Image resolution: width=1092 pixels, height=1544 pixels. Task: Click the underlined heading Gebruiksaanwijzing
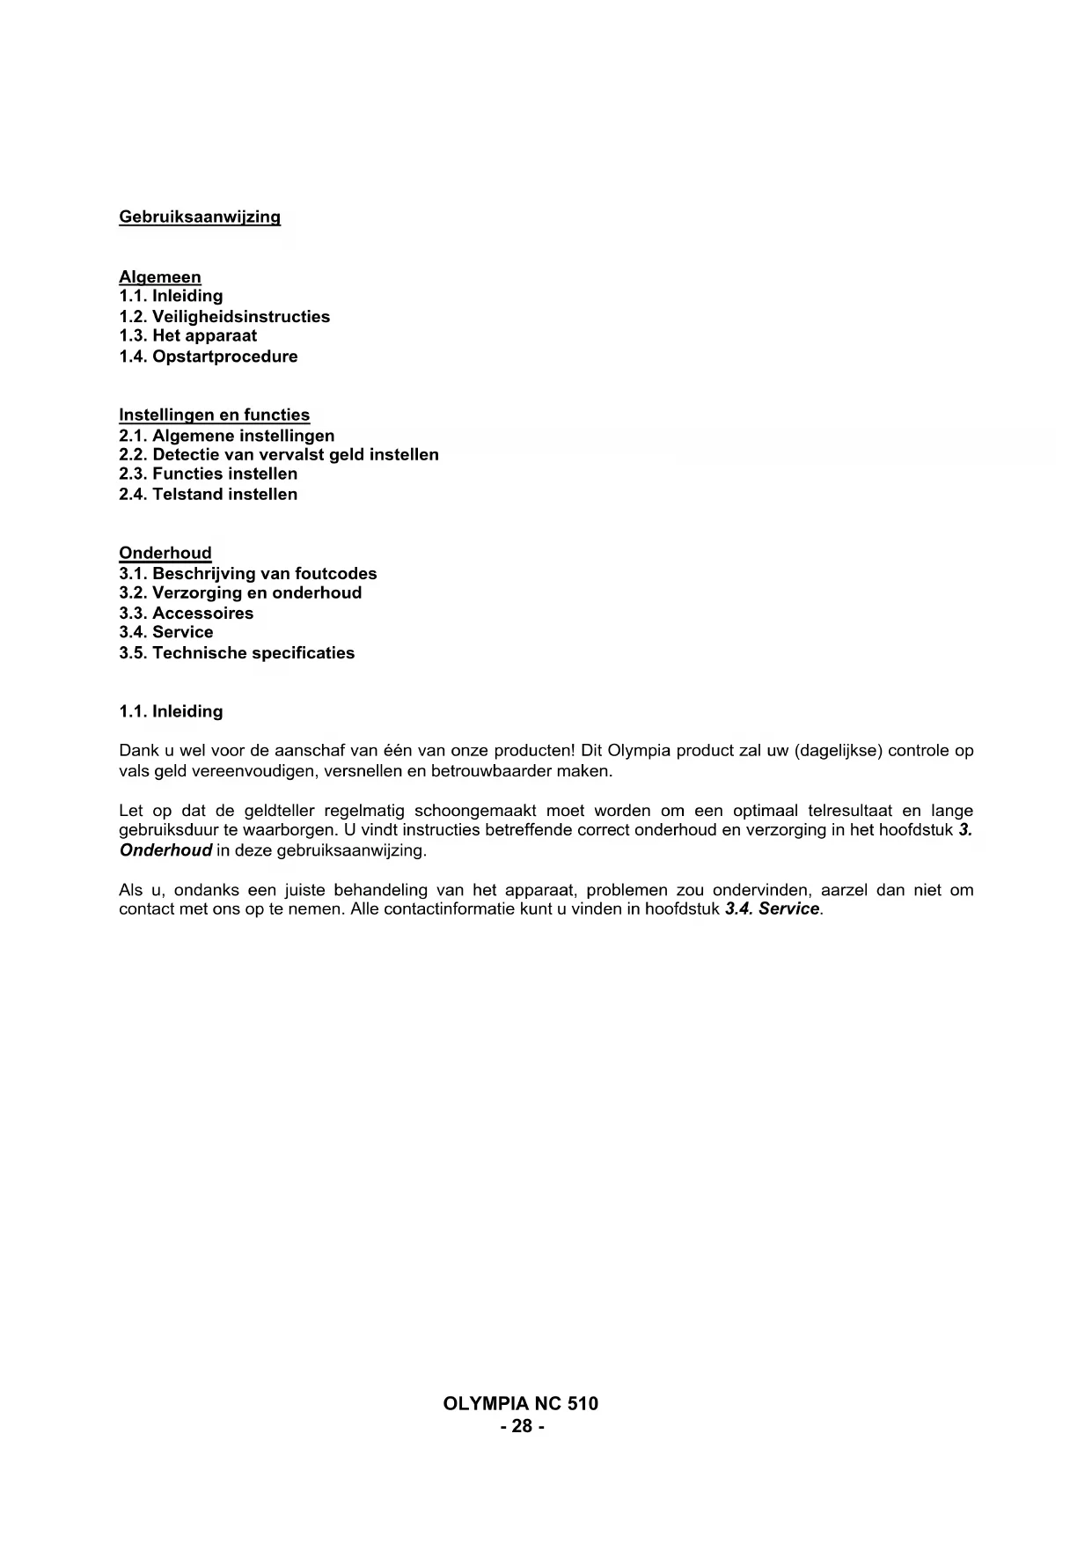pyautogui.click(x=200, y=217)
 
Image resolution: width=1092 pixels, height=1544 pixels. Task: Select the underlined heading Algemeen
pyautogui.click(x=160, y=277)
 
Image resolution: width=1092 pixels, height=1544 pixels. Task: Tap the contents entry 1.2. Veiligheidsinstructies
pyautogui.click(x=224, y=316)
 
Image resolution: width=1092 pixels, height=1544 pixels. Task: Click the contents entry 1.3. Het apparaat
pyautogui.click(x=188, y=335)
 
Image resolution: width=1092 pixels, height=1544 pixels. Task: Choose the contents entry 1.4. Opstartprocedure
pyautogui.click(x=209, y=357)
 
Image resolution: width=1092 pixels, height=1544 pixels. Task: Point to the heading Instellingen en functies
pyautogui.click(x=215, y=415)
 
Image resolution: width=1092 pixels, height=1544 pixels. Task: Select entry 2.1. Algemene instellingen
pyautogui.click(x=227, y=436)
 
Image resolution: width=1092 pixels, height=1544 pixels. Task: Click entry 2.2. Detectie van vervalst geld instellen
pyautogui.click(x=279, y=454)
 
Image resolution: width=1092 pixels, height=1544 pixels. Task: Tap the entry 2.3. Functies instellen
pyautogui.click(x=209, y=474)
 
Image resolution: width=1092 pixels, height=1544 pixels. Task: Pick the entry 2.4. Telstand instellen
pyautogui.click(x=209, y=494)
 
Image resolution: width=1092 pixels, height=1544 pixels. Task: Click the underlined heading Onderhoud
pyautogui.click(x=165, y=553)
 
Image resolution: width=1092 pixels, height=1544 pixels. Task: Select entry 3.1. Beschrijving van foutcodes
pyautogui.click(x=248, y=574)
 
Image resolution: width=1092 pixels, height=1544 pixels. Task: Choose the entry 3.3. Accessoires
pyautogui.click(x=187, y=614)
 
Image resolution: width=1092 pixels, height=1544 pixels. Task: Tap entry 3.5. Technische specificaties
pyautogui.click(x=237, y=653)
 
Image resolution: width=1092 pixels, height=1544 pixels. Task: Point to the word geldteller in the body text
pyautogui.click(x=280, y=811)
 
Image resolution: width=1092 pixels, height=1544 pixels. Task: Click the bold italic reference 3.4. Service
pyautogui.click(x=773, y=908)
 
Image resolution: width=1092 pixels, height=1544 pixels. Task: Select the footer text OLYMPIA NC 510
pyautogui.click(x=521, y=1403)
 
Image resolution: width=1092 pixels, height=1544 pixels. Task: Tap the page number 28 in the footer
pyautogui.click(x=522, y=1426)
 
